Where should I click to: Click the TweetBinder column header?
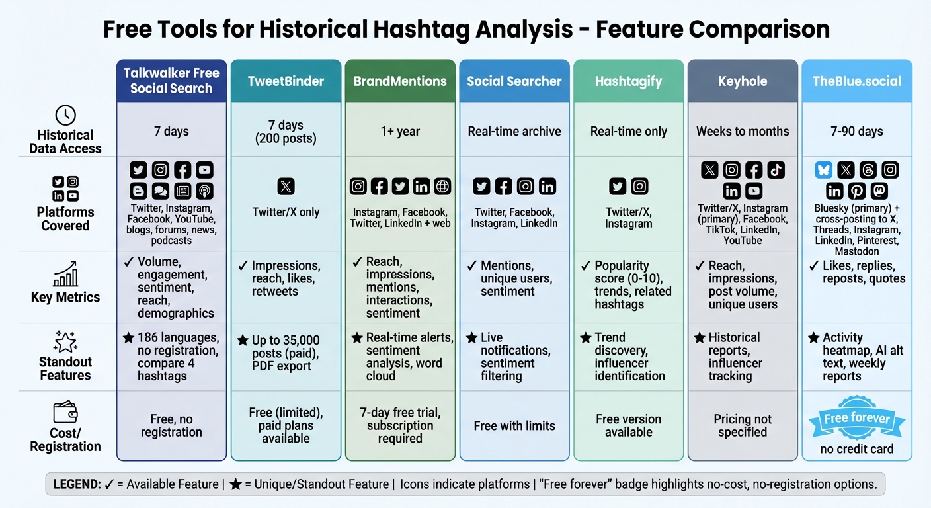[286, 81]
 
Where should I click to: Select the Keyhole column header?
[743, 81]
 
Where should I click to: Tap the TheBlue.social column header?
[857, 81]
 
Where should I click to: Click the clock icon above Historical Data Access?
[65, 115]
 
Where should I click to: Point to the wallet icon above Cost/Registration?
[65, 413]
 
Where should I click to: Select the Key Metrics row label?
[65, 297]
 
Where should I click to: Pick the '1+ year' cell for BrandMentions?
[400, 131]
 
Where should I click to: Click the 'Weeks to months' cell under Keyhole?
[743, 131]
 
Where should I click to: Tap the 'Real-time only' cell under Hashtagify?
[628, 131]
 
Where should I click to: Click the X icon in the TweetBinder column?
[286, 187]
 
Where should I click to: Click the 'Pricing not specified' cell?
[743, 425]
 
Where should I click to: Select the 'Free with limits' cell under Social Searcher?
[514, 425]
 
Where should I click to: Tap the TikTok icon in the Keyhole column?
[776, 171]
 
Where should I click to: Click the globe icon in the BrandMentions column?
[442, 187]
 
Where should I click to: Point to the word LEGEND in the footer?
[75, 484]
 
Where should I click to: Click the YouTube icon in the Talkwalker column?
[204, 171]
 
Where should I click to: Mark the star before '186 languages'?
[128, 338]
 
